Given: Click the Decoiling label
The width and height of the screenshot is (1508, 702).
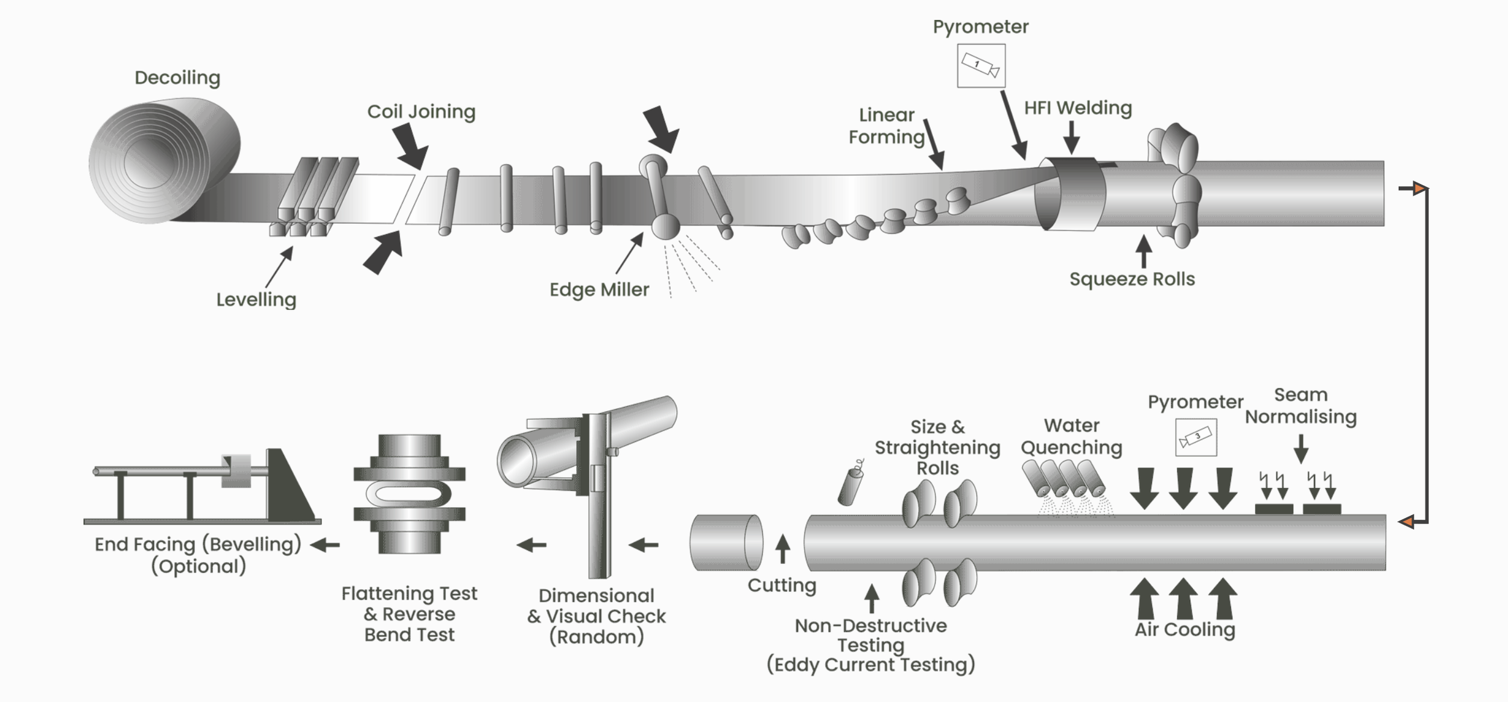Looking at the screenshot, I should point(177,78).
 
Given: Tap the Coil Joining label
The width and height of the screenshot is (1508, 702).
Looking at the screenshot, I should point(421,112).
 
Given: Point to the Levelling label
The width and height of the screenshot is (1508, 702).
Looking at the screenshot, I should point(256,299).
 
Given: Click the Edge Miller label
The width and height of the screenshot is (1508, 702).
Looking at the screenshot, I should point(599,289).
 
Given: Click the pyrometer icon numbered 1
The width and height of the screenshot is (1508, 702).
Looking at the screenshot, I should point(981,66).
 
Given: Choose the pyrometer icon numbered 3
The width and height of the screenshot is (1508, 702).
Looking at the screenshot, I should point(1196,437).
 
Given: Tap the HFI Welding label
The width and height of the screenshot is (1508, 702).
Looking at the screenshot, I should point(1077,108).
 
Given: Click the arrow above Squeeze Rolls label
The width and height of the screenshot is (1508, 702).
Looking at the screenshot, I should point(1143,251).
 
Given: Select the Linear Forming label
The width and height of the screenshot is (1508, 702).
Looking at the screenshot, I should point(886,126).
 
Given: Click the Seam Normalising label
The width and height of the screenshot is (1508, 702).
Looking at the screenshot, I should point(1300,405).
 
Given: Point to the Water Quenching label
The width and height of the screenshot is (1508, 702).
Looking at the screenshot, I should point(1071,436).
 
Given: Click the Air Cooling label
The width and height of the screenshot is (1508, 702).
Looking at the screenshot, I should point(1185,630).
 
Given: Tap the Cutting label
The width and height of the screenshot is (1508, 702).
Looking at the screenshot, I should point(782,585).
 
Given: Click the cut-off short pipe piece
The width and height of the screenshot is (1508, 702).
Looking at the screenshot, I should point(726,542).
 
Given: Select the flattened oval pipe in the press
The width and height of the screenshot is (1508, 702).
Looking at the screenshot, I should point(409,494).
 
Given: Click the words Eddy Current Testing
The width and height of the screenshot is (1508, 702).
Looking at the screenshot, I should point(870,665).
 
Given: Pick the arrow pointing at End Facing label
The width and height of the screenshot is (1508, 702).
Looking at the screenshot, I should point(325,545).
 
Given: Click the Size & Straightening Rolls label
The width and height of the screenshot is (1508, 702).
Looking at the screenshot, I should point(937,447).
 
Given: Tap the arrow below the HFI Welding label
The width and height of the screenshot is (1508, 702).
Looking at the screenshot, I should point(1071,138).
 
